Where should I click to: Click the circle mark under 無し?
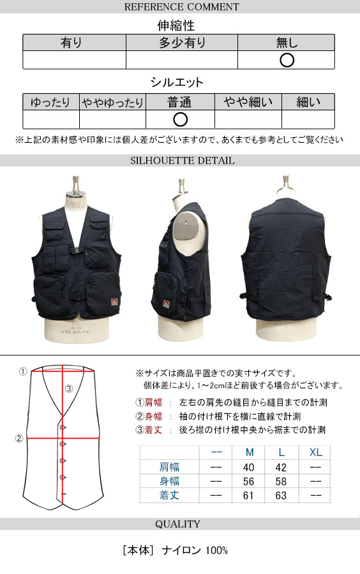tap(287, 60)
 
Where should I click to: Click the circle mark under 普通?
tap(180, 119)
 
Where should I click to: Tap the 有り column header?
tap(71, 43)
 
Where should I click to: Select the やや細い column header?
tap(248, 102)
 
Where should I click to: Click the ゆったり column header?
tap(50, 102)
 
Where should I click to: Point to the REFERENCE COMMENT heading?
tap(182, 6)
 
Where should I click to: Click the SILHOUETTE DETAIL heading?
tap(182, 160)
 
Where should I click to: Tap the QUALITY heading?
tap(177, 524)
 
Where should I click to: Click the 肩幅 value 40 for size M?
tap(249, 467)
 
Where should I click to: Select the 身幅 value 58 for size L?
tap(281, 482)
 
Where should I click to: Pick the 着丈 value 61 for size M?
tap(249, 496)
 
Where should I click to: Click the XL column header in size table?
tap(316, 452)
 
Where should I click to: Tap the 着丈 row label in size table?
tap(169, 496)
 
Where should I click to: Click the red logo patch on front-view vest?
tap(114, 302)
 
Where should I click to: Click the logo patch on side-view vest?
tap(166, 304)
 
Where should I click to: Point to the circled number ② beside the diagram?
tap(19, 439)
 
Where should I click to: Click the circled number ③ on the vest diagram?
tap(69, 389)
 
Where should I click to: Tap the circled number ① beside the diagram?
tap(23, 372)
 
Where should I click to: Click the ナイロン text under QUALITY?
tap(181, 550)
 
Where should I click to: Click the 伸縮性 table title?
tap(176, 26)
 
